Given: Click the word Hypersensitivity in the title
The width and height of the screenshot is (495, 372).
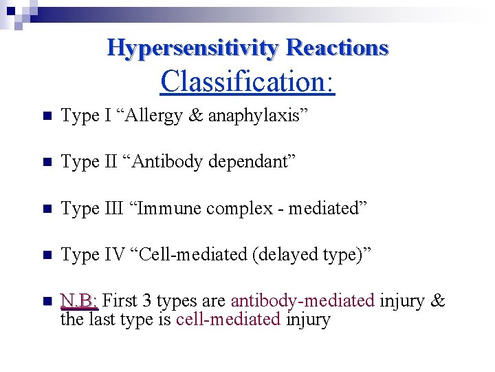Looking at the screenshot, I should (193, 48).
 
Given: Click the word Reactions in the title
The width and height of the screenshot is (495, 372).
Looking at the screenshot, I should (337, 48).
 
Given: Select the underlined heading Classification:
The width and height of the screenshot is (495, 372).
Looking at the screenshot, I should (247, 81).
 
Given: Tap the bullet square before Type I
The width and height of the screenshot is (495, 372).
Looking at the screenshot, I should (46, 116).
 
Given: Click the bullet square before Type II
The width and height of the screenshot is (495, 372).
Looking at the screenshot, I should (46, 163).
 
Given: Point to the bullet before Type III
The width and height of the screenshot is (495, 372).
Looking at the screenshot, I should (46, 209).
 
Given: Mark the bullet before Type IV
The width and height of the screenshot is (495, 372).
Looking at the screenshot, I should (46, 255).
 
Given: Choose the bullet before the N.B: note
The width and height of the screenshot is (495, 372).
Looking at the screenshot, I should (46, 301).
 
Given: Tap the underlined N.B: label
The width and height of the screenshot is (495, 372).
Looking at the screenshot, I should (80, 301).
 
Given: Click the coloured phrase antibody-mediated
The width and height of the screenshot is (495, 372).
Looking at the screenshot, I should (302, 301).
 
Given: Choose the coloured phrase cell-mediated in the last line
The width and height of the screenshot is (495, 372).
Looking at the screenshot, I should (228, 319).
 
